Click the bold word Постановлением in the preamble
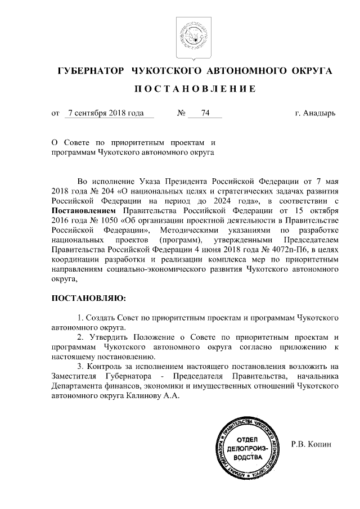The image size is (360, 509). click(x=81, y=211)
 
